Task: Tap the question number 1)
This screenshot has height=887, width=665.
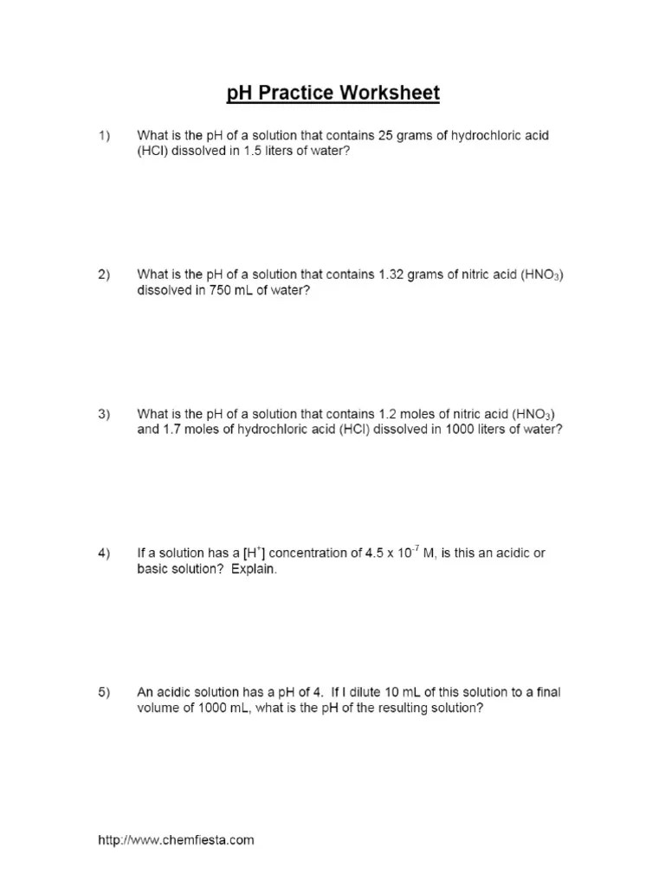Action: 104,136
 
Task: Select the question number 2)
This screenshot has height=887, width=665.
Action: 104,275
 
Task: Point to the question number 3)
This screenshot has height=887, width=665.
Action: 104,414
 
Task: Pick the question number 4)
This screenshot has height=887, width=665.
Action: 104,554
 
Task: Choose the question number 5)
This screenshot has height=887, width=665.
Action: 104,692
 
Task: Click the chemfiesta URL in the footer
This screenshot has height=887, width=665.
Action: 176,839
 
